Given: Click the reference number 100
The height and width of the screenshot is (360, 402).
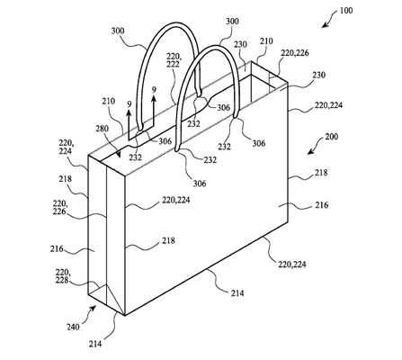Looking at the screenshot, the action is pos(346,11).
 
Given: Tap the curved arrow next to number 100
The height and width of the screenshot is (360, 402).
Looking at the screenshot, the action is pos(329,21).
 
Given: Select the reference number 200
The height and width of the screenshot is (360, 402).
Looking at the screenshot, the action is pos(331,137).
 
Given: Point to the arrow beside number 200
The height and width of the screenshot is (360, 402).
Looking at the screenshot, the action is pos(315,147).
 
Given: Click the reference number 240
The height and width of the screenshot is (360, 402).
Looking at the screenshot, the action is pos(73,327).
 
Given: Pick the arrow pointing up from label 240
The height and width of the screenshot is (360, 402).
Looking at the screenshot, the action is pos(92,312).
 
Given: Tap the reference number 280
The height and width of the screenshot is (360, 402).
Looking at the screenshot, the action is pos(102,130).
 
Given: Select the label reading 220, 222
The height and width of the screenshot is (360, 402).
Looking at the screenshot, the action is pos(174,60).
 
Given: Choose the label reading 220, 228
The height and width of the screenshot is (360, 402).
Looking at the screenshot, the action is pos(62,276).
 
